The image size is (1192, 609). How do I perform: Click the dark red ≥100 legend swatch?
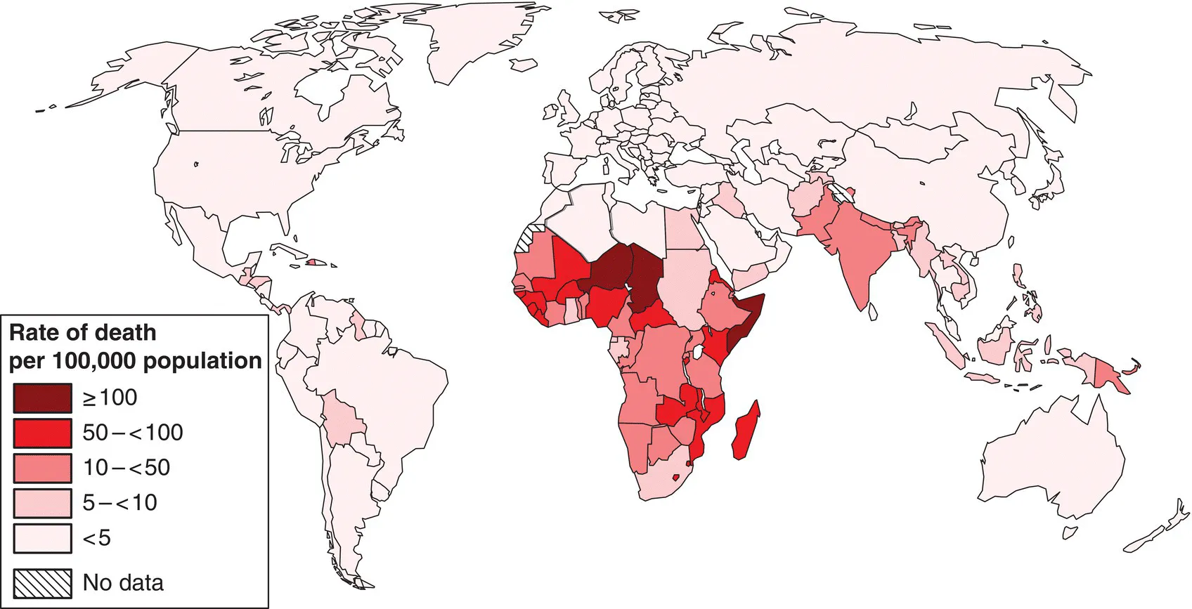pos(42,398)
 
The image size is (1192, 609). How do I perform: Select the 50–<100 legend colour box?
pos(42,433)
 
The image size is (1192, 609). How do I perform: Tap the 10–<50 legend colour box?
pos(42,468)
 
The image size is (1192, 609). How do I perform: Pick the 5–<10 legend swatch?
pos(42,503)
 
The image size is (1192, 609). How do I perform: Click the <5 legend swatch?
pos(42,538)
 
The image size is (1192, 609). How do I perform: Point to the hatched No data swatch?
pos(42,582)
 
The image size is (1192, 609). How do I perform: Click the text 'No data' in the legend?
pos(123,582)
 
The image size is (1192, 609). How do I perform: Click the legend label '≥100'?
pos(110,398)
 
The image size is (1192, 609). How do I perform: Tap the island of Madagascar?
pos(745,430)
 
